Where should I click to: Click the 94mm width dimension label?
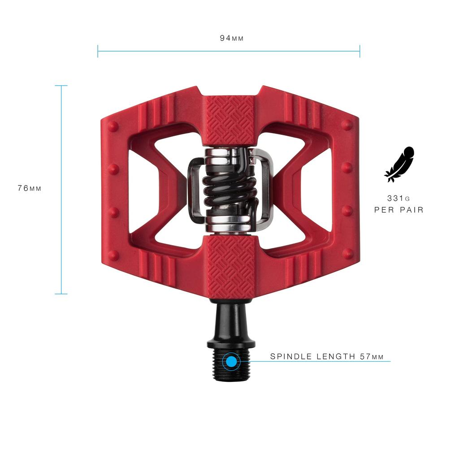click(231, 38)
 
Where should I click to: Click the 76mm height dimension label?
click(30, 188)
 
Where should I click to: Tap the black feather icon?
click(399, 164)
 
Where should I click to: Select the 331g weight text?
click(399, 198)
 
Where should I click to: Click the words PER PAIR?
click(399, 210)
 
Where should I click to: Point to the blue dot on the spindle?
click(231, 361)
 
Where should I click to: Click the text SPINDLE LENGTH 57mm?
click(327, 357)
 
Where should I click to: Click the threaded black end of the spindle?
click(231, 365)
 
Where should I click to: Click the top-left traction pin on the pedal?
click(113, 126)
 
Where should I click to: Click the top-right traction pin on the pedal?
click(347, 125)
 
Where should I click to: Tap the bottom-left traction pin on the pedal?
click(113, 255)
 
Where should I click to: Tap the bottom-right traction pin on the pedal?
click(347, 254)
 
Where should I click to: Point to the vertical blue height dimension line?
click(61, 134)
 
